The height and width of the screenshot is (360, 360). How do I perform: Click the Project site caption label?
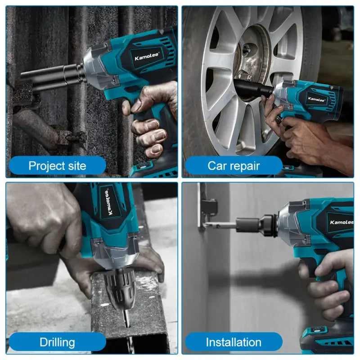[x=57, y=166]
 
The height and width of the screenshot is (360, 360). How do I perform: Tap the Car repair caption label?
[x=234, y=166]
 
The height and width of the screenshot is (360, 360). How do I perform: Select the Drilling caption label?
[x=57, y=342]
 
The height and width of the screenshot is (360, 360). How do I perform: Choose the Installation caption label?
[x=234, y=342]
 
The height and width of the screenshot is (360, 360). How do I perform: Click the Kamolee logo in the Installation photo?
[x=341, y=222]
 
